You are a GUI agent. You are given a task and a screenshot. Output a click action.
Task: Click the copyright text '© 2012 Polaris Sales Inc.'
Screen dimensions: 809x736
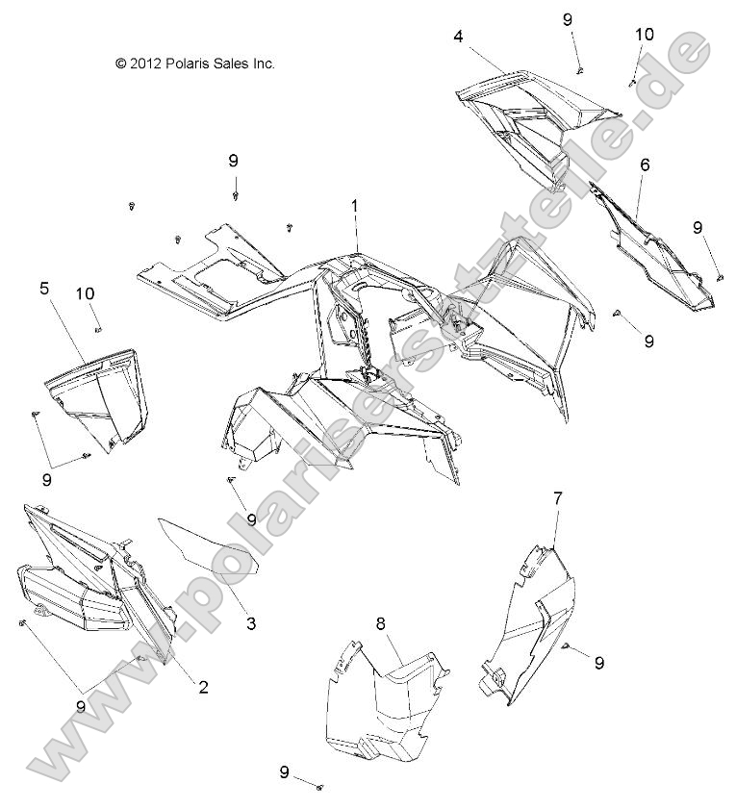pyautogui.click(x=195, y=63)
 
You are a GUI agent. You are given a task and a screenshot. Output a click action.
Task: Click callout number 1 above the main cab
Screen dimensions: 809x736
pyautogui.click(x=355, y=206)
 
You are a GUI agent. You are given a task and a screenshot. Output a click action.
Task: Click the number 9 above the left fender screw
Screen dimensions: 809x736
pyautogui.click(x=234, y=161)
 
